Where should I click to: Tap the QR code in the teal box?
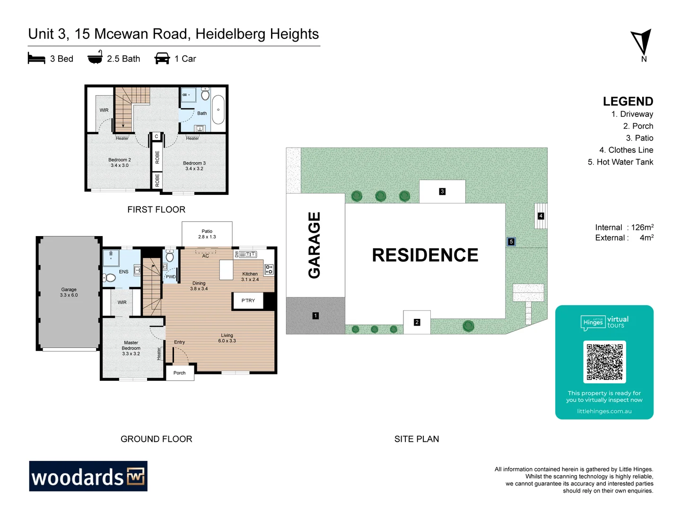tap(604, 362)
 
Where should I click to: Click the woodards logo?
tap(88, 476)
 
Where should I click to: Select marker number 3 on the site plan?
tap(442, 192)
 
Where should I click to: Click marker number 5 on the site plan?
tap(511, 242)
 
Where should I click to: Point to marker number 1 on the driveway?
tap(315, 316)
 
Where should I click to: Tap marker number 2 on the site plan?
tap(417, 322)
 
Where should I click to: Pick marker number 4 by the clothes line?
tap(541, 216)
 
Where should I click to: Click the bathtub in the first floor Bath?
tap(218, 110)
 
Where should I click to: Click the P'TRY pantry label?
tap(248, 300)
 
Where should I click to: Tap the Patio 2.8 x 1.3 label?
tap(207, 234)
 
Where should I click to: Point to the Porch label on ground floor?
tap(179, 373)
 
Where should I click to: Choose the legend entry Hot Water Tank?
tap(620, 162)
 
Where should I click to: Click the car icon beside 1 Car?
tap(162, 59)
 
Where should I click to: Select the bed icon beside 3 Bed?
tap(36, 59)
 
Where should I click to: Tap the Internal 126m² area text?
tap(624, 227)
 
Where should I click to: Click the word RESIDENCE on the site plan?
tap(425, 255)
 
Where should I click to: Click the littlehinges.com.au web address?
tap(604, 411)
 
